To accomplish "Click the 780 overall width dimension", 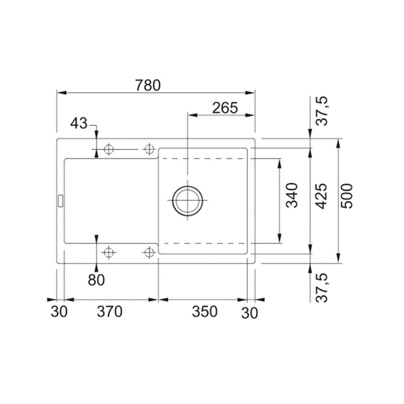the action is pyautogui.click(x=148, y=85).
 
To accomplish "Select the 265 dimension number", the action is pyautogui.click(x=225, y=108).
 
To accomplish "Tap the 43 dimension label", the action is pyautogui.click(x=79, y=123).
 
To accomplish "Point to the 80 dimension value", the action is pyautogui.click(x=96, y=280).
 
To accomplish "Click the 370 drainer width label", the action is pyautogui.click(x=109, y=312).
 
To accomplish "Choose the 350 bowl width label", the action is pyautogui.click(x=205, y=312).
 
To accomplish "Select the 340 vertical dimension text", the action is pyautogui.click(x=292, y=195).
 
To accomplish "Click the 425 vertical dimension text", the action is pyautogui.click(x=321, y=196).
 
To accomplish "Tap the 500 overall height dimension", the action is pyautogui.click(x=347, y=196).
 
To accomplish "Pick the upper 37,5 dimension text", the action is pyautogui.click(x=322, y=111).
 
